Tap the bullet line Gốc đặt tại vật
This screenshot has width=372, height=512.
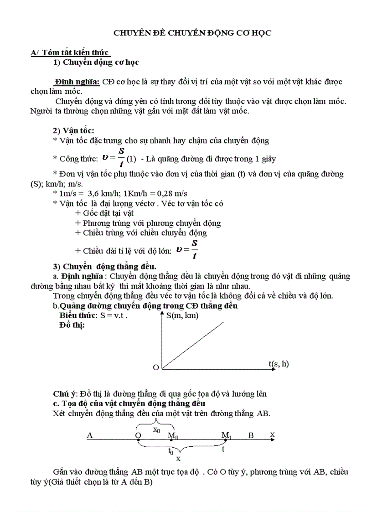pyautogui.click(x=104, y=213)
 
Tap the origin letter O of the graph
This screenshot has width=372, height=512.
pyautogui.click(x=155, y=367)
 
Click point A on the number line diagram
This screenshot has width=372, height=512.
pyautogui.click(x=90, y=435)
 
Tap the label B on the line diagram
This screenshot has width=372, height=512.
pyautogui.click(x=251, y=435)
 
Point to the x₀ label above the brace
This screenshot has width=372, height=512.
pyautogui.click(x=156, y=429)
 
